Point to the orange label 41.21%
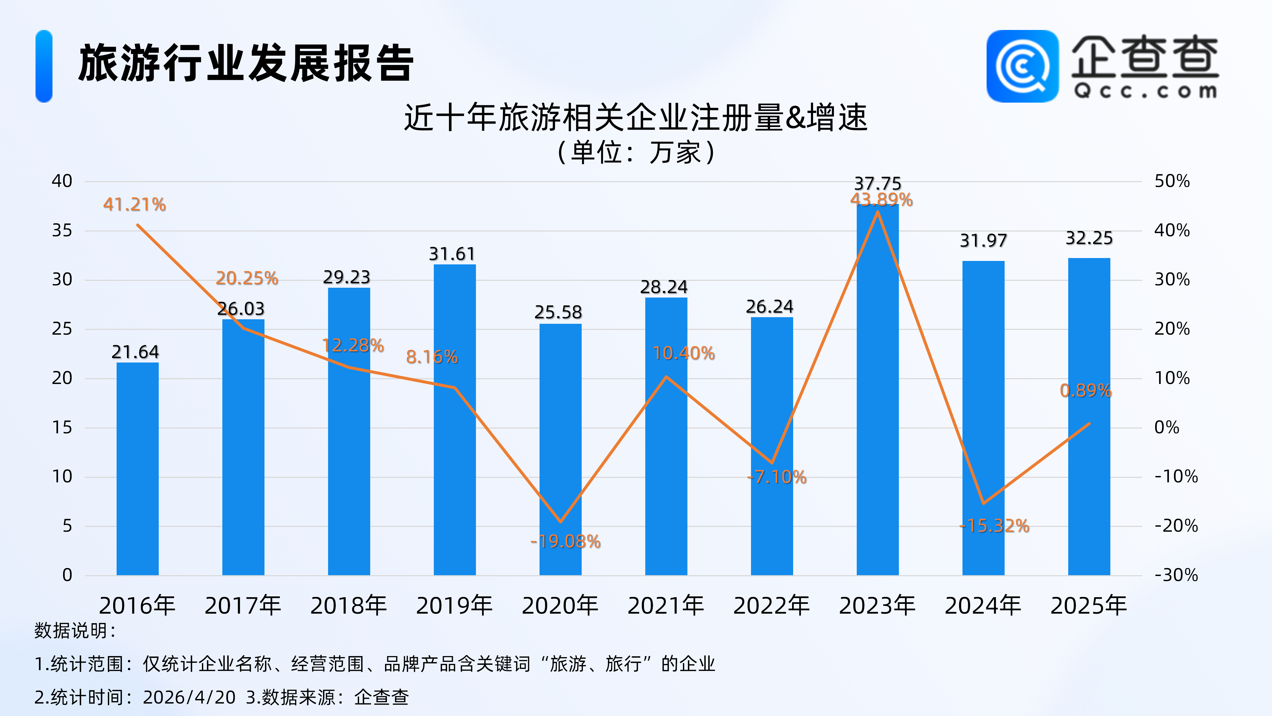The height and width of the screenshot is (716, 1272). point(134,204)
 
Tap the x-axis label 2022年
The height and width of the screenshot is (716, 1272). point(771,606)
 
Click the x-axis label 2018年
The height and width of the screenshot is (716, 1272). point(349,606)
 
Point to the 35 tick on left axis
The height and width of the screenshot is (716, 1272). point(62,230)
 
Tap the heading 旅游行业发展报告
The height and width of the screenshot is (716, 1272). point(246,63)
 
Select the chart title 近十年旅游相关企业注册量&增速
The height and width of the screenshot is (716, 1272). point(635,117)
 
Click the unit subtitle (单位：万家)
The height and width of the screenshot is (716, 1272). point(635,152)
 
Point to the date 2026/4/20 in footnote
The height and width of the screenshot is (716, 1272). point(189,697)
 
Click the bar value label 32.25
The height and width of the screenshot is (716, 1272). point(1089,238)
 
